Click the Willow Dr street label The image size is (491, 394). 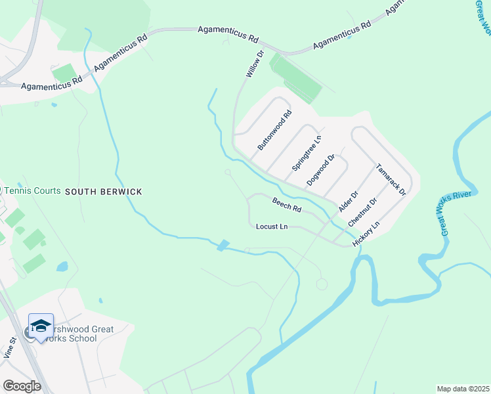tap(255, 64)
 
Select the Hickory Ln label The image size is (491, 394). tap(366, 234)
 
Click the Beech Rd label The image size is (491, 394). tap(287, 206)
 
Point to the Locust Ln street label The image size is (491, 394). tap(272, 227)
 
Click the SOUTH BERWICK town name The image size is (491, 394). tap(103, 191)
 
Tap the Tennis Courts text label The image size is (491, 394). tap(32, 190)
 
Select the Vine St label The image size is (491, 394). tap(12, 347)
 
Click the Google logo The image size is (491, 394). tap(22, 386)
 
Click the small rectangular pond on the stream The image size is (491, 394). tap(223, 245)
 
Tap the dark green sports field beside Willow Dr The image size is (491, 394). tap(295, 78)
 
